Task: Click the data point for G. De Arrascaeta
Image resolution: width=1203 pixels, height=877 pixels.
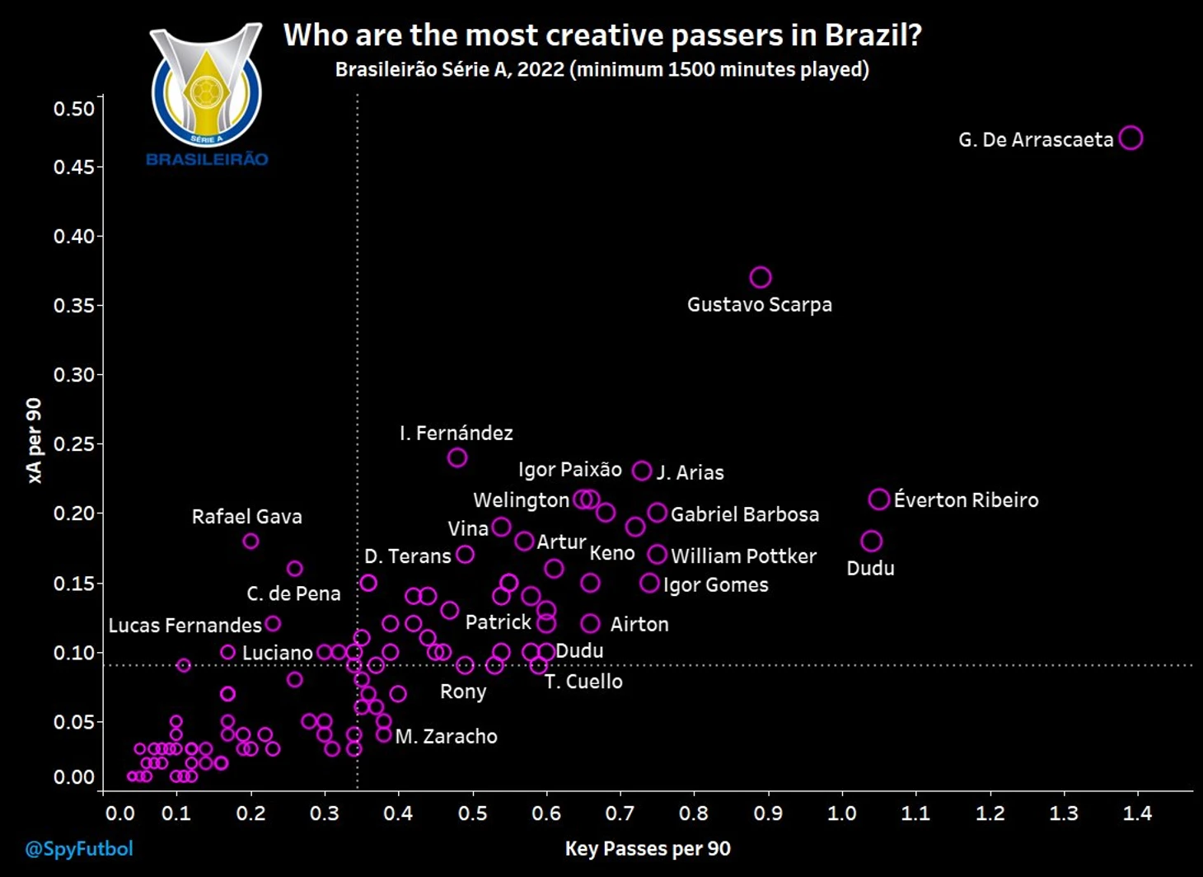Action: [x=1131, y=138]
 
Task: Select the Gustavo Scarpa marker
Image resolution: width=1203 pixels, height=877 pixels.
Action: [x=761, y=277]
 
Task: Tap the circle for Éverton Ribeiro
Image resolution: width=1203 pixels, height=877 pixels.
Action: [x=879, y=499]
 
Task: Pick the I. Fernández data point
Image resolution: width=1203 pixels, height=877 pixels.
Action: [x=457, y=457]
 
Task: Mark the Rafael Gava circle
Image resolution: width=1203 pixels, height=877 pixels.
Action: [x=250, y=541]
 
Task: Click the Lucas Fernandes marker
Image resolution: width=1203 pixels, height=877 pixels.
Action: [x=273, y=624]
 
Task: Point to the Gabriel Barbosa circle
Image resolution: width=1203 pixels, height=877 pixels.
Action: [x=657, y=513]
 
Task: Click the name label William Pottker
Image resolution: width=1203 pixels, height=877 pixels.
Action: [x=743, y=556]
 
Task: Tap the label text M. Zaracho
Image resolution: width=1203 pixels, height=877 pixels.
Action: [x=446, y=736]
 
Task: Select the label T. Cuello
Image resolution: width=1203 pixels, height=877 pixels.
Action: [x=583, y=682]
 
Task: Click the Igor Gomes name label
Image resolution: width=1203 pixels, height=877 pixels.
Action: [x=715, y=585]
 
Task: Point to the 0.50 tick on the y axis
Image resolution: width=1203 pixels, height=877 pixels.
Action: [x=74, y=109]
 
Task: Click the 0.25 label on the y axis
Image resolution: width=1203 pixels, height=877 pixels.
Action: [x=74, y=444]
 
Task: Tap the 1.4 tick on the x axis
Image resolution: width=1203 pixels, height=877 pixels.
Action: [x=1137, y=814]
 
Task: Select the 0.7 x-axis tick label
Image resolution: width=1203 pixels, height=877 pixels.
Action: [x=620, y=814]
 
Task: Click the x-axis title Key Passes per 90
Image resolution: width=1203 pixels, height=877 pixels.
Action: [x=648, y=849]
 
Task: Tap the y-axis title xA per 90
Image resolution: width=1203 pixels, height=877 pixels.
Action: [x=34, y=441]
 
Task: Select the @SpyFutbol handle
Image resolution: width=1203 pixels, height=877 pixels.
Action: [x=78, y=849]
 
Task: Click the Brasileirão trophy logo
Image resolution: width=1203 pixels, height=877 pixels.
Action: [x=206, y=87]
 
